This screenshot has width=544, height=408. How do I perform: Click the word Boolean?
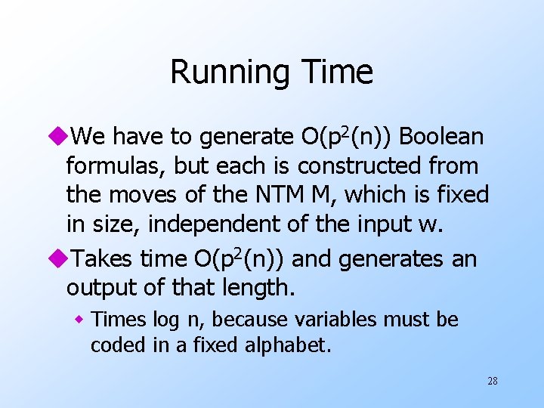click(x=441, y=137)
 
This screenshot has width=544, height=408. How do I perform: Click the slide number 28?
click(x=492, y=382)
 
